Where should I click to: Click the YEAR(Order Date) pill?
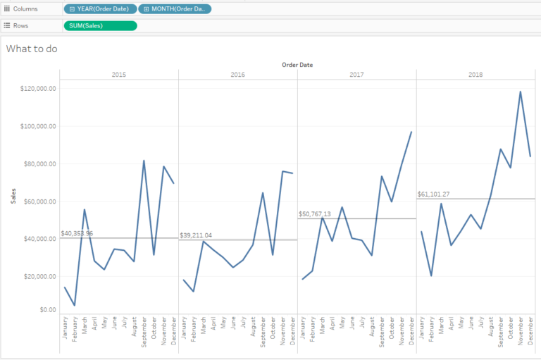(x=99, y=9)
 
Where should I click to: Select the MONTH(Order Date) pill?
(x=175, y=9)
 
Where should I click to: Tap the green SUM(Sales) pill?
(x=100, y=25)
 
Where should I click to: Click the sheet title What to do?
(x=32, y=49)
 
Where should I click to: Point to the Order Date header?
(x=297, y=65)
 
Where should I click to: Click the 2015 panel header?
(x=119, y=74)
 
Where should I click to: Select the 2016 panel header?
(x=237, y=74)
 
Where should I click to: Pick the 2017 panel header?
(x=356, y=74)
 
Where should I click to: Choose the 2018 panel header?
(x=475, y=74)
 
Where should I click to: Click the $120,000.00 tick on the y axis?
(x=38, y=89)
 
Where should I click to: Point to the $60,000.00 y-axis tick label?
(x=39, y=201)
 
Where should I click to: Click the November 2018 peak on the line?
(x=520, y=92)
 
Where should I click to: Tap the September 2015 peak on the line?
(x=144, y=161)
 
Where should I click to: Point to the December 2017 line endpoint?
(x=411, y=132)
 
